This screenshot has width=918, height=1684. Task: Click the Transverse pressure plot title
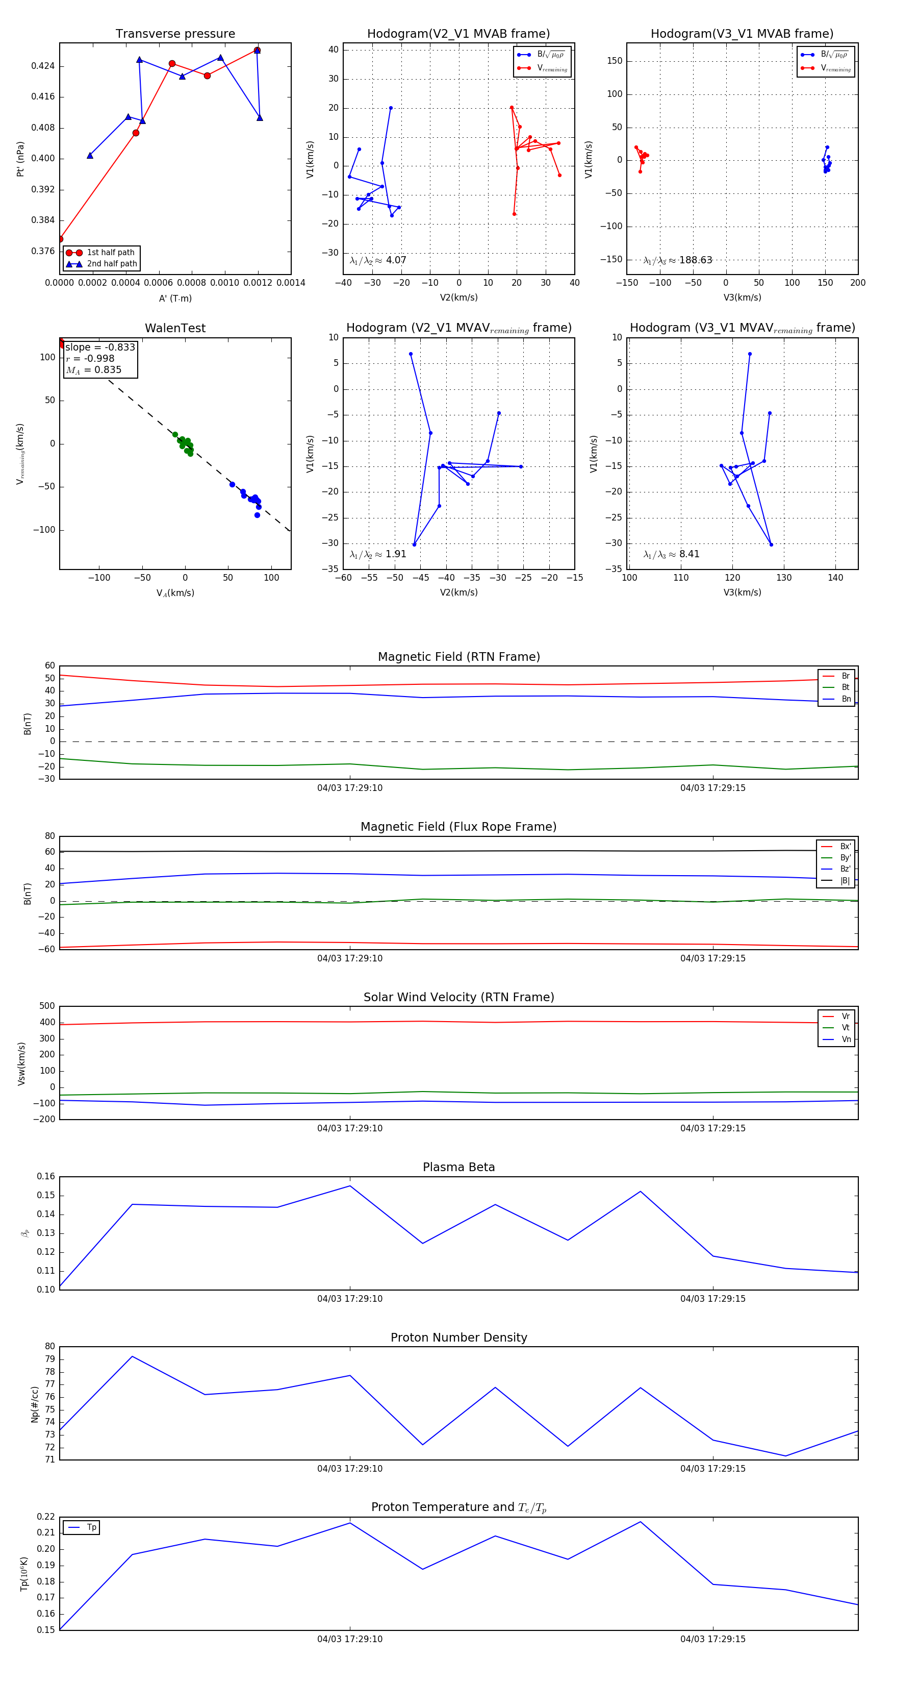tap(175, 34)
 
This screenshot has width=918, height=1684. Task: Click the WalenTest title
tap(175, 328)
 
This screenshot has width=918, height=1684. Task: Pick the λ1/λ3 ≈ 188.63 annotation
tap(678, 260)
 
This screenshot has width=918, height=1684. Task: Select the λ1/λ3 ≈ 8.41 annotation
tap(671, 554)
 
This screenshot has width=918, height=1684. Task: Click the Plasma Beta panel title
tap(458, 1168)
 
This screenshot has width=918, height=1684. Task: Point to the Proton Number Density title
tap(458, 1338)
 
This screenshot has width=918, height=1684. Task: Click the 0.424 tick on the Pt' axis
tap(43, 66)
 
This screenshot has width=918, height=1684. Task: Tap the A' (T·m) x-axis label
tap(175, 299)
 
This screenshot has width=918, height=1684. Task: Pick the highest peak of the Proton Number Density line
tap(132, 1356)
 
